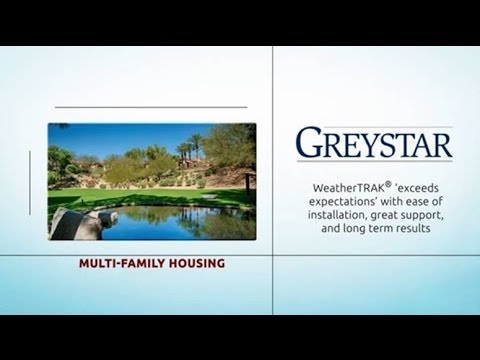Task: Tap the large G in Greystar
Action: pos(310,144)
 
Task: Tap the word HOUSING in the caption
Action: pos(196,264)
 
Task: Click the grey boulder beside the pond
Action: pos(74,223)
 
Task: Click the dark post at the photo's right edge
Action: pos(248,186)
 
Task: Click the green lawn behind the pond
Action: pos(150,195)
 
